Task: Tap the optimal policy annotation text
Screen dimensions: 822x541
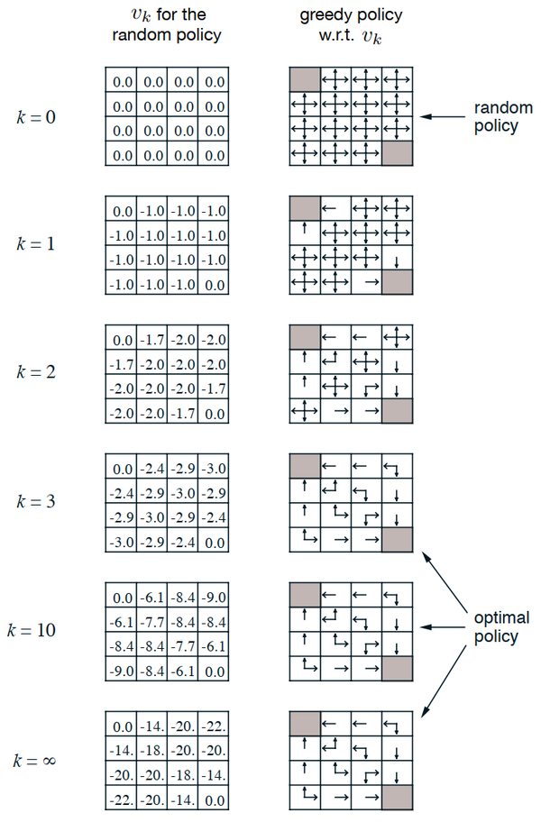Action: click(x=500, y=627)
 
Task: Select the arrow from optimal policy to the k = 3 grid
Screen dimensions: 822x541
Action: click(x=446, y=579)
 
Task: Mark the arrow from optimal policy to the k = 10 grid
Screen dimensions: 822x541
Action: click(x=445, y=627)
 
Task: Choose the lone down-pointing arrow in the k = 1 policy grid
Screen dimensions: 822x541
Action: click(x=396, y=262)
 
